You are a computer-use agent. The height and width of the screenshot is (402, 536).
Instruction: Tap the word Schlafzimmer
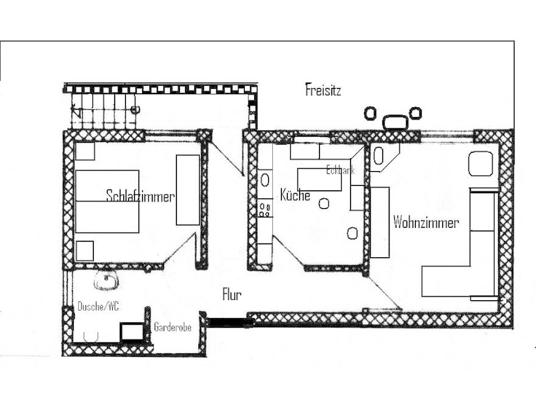click(140, 196)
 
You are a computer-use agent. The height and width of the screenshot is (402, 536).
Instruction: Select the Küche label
click(295, 195)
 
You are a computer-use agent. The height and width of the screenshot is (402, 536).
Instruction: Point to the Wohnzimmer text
click(425, 222)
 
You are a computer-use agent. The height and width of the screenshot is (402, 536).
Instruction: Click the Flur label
click(232, 295)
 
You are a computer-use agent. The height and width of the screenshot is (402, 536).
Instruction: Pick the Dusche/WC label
click(98, 306)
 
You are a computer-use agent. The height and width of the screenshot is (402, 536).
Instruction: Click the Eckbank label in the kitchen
click(340, 170)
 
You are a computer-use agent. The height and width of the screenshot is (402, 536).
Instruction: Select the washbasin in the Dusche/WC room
click(106, 281)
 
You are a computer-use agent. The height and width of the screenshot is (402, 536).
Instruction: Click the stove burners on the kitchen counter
click(265, 209)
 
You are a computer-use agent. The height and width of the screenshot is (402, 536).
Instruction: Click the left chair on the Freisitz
click(369, 113)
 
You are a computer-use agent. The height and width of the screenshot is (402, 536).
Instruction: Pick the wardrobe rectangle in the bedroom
click(188, 190)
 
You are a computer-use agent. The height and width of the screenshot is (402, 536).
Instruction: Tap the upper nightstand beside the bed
click(84, 151)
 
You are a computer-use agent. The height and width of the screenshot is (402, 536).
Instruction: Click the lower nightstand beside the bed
click(84, 251)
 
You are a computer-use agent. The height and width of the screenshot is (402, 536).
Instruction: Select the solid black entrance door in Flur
click(227, 321)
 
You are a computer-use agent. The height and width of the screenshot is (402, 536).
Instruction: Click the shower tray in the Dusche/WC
click(132, 332)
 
